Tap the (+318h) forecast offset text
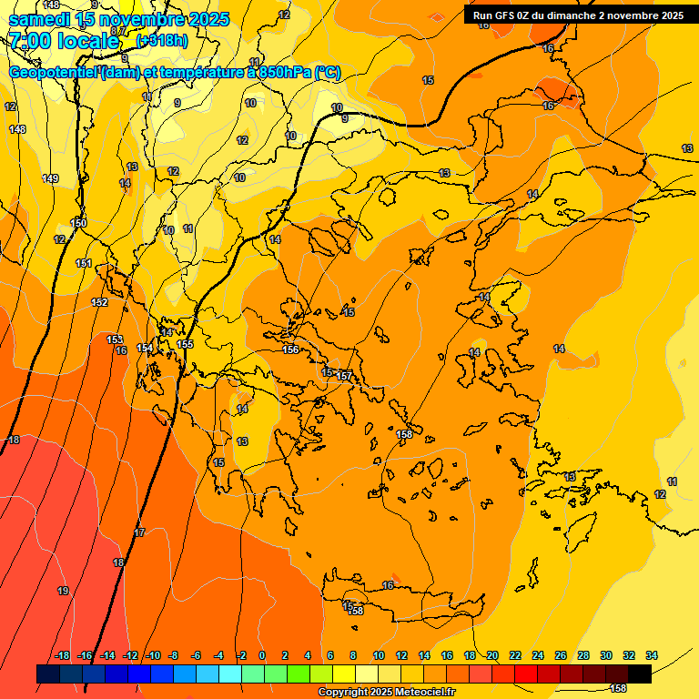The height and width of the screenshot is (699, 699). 162,40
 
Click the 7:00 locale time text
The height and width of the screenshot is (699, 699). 64,40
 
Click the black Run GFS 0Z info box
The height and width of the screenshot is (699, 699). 578,15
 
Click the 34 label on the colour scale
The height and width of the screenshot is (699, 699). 652,655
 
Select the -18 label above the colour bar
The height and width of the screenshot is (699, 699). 63,655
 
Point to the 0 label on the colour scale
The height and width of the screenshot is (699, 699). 262,655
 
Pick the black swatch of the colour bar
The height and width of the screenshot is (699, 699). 639,674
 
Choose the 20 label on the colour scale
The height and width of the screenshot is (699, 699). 492,655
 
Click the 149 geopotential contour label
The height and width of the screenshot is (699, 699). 50,178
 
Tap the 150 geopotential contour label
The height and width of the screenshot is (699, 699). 79,223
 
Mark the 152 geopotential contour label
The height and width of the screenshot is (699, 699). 99,302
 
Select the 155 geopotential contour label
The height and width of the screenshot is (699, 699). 185,344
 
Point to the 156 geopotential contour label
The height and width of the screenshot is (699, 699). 290,349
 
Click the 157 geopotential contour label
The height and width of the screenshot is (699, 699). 344,376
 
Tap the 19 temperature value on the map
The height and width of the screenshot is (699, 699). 63,591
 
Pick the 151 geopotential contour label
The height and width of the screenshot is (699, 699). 84,263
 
